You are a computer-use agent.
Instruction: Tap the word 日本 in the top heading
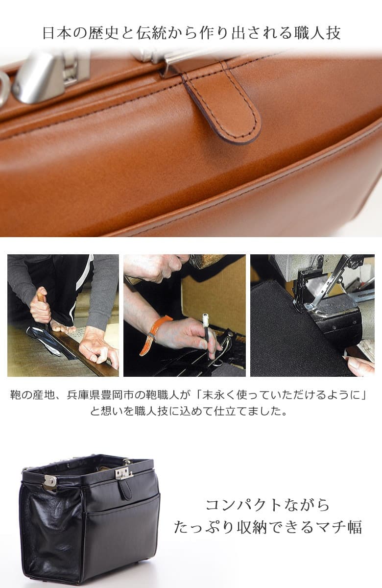(x=54, y=33)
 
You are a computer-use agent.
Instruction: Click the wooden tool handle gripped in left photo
(x=42, y=297)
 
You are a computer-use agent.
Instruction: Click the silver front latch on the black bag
(x=123, y=472)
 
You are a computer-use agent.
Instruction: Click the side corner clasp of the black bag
(x=50, y=482)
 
